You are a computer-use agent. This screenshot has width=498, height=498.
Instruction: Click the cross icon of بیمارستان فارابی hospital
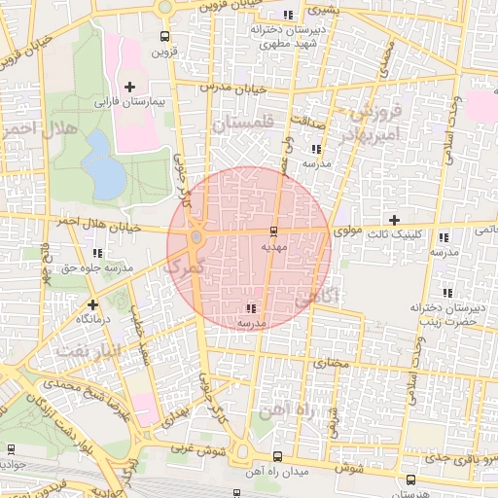pyautogui.click(x=129, y=88)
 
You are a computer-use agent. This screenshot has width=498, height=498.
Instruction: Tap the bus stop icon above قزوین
pyautogui.click(x=163, y=39)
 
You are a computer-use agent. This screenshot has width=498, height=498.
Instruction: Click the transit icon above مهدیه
pyautogui.click(x=271, y=231)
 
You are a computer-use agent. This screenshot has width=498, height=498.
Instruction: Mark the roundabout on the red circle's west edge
pyautogui.click(x=196, y=236)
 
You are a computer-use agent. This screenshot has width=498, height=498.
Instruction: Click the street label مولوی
pyautogui.click(x=347, y=232)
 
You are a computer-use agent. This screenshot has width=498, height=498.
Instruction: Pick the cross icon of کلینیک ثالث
pyautogui.click(x=394, y=220)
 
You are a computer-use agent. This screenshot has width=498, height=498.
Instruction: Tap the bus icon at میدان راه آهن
pyautogui.click(x=277, y=456)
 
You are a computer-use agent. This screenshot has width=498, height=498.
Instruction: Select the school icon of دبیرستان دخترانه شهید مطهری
pyautogui.click(x=286, y=15)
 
